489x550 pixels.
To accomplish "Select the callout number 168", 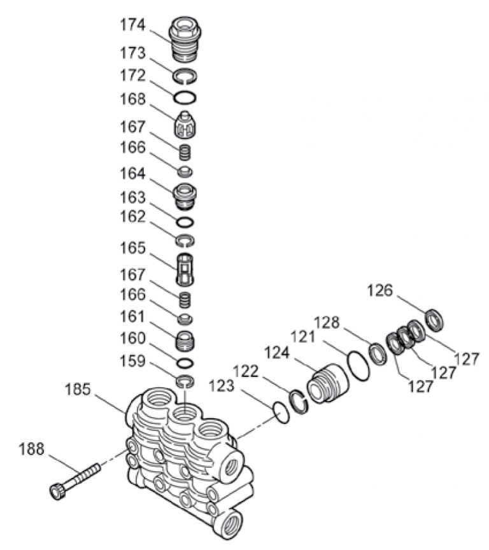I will click(x=133, y=100).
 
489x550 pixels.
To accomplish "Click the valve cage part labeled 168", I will click(x=186, y=123).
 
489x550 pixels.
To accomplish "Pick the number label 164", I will click(x=133, y=173).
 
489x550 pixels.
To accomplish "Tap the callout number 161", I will click(x=133, y=316).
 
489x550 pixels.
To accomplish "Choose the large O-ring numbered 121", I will click(x=359, y=367).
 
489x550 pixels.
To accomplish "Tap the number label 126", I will click(x=381, y=292).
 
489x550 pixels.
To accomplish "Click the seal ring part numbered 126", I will click(x=435, y=318).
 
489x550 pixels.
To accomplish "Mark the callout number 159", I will click(x=133, y=361).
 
